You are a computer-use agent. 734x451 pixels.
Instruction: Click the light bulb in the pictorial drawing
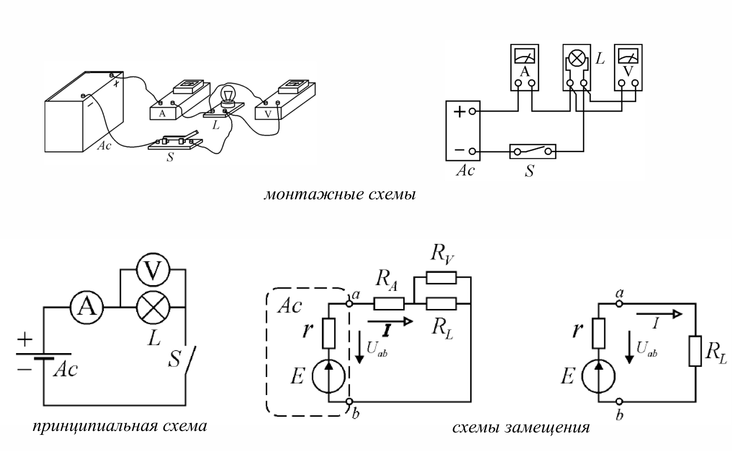228,95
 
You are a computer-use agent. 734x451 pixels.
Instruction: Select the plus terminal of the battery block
472,112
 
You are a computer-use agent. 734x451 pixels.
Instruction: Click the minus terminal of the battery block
472,151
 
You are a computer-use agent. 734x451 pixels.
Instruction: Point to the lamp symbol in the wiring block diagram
577,58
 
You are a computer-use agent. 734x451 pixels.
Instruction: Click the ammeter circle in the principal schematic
87,308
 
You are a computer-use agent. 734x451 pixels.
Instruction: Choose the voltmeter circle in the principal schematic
153,270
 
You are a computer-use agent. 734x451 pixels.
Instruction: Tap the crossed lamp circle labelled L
153,308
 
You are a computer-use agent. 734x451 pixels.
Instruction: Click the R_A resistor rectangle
389,304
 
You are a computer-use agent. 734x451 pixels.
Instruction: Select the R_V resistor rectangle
441,277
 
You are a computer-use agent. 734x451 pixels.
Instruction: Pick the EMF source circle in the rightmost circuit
598,376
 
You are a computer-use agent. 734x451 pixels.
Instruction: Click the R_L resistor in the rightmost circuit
695,351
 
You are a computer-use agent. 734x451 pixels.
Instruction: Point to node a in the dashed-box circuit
349,304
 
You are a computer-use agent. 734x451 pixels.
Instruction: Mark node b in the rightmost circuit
619,402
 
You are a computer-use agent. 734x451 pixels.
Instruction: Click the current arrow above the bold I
390,321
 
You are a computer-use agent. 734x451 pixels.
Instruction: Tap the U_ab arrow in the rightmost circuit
629,347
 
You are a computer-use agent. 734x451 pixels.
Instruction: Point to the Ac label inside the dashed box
290,307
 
